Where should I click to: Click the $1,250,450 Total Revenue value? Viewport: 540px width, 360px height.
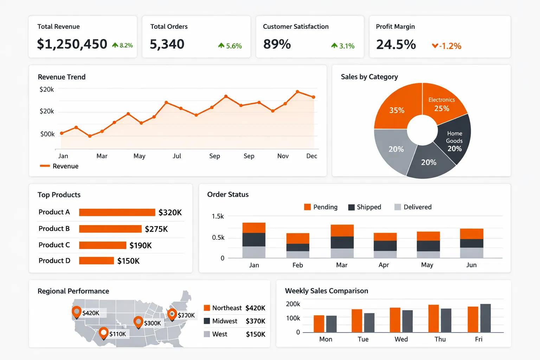[72, 44]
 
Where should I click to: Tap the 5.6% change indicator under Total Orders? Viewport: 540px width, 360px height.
[230, 46]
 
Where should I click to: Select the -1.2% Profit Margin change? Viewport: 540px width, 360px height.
[447, 46]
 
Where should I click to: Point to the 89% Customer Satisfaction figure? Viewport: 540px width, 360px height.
[277, 44]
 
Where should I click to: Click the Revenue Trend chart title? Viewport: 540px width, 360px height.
[62, 77]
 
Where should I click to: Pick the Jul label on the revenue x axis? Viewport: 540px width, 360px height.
[177, 156]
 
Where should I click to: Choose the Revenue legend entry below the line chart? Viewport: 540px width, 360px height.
[59, 166]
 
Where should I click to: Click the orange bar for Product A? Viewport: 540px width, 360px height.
[117, 212]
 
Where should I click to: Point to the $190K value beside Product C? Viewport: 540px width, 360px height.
[141, 245]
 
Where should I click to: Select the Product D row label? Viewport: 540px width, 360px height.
[54, 261]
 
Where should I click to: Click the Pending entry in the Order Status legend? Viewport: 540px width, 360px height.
[321, 207]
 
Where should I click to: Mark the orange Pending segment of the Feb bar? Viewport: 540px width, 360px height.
[298, 238]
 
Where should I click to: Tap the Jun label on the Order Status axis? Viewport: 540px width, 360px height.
[471, 265]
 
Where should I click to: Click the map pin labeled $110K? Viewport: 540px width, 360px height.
[103, 332]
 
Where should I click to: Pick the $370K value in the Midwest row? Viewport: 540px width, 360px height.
[256, 321]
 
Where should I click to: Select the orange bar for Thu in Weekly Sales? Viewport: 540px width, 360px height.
[433, 319]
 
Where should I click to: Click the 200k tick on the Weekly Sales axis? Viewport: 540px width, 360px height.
[293, 304]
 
